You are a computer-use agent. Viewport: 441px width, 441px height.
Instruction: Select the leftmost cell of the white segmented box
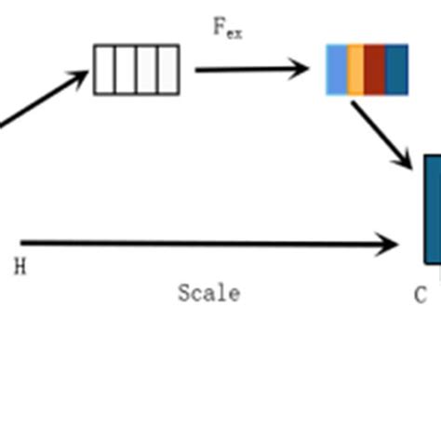click(x=105, y=70)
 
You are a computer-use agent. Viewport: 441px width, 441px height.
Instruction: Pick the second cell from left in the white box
click(x=127, y=70)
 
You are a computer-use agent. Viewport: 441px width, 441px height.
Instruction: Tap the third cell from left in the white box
click(x=147, y=70)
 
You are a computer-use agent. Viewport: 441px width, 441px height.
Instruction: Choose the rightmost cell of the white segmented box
click(x=167, y=70)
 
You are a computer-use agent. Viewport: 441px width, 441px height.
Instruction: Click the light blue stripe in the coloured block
click(x=337, y=70)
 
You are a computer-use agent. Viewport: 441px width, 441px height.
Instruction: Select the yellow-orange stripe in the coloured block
click(x=355, y=70)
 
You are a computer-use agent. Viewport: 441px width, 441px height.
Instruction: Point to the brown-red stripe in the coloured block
click(x=374, y=70)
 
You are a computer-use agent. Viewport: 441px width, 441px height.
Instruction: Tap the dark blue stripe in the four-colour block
click(x=396, y=70)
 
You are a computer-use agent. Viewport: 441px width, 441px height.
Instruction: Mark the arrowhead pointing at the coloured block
click(x=300, y=69)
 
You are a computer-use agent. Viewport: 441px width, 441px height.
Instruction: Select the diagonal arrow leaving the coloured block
click(x=380, y=134)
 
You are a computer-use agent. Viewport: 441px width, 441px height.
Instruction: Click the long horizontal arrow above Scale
click(x=205, y=245)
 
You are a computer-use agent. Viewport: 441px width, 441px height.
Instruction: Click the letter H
click(x=20, y=268)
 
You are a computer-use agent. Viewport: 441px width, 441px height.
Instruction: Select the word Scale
click(x=208, y=294)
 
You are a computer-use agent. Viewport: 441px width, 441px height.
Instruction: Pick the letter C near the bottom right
click(x=421, y=296)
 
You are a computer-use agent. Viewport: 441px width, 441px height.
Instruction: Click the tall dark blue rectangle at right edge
click(x=433, y=209)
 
